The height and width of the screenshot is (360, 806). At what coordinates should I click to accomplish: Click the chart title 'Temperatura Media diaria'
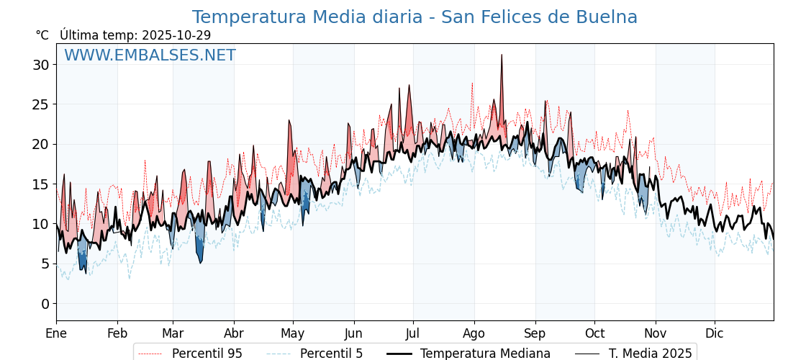(x=415, y=17)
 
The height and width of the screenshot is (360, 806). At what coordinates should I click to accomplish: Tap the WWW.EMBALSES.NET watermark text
(x=150, y=55)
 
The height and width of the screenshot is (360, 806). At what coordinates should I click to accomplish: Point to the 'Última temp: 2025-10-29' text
(x=135, y=35)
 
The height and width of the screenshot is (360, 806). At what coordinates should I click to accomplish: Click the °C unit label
(x=42, y=35)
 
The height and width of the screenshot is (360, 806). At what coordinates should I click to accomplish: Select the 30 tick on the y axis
(x=40, y=65)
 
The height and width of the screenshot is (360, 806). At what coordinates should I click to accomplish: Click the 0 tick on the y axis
(x=45, y=304)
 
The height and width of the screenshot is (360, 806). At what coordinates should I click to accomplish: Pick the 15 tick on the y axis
(x=40, y=184)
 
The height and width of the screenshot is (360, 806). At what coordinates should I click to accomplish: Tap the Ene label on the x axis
(x=56, y=333)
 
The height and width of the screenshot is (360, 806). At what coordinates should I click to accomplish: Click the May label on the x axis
(x=293, y=333)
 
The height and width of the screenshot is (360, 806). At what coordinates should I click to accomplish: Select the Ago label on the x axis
(x=474, y=333)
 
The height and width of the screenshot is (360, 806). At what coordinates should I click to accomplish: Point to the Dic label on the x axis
(x=715, y=333)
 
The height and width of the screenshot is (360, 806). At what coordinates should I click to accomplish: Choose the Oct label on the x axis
(x=594, y=333)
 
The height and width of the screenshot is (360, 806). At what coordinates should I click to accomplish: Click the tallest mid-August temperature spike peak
(x=502, y=55)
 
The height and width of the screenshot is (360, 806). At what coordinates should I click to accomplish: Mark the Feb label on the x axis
(x=117, y=333)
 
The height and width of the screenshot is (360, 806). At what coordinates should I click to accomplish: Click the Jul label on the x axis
(x=413, y=333)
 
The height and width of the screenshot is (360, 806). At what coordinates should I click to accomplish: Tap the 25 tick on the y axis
(x=40, y=104)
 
